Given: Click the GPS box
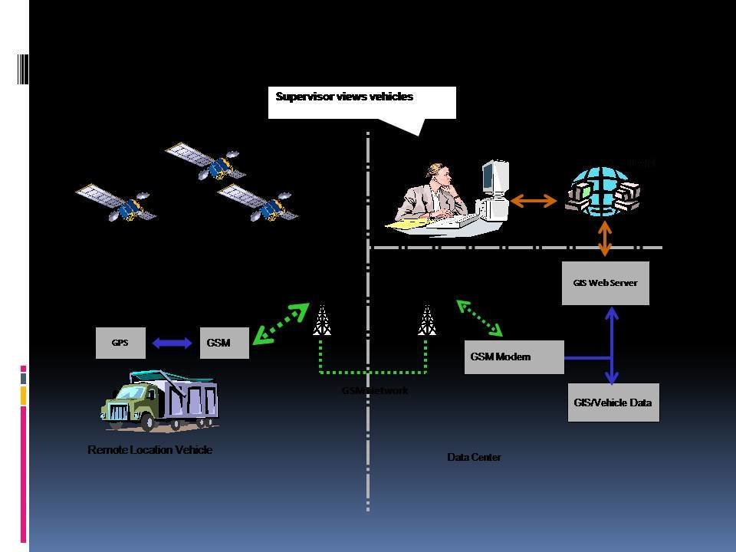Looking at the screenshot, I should tap(120, 343).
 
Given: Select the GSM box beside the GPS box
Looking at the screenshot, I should tap(225, 343).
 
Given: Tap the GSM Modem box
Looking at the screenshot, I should tap(514, 356).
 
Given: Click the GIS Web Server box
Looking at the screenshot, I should tap(605, 283).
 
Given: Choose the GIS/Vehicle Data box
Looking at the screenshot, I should tap(613, 402).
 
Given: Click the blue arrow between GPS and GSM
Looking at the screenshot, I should tap(172, 343).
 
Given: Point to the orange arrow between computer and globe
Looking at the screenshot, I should tap(534, 201).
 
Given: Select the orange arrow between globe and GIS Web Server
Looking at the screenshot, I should tap(605, 238).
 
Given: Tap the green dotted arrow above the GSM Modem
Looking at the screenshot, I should tap(479, 317).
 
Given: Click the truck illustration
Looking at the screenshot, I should tap(159, 399).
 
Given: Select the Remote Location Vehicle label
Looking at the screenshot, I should tap(149, 450).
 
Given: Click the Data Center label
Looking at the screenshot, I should tap(474, 458).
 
